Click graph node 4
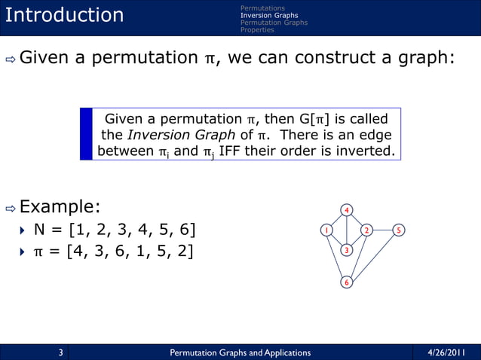point(346,209)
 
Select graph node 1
point(326,230)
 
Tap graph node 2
point(366,230)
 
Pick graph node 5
point(400,230)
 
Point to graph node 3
point(346,250)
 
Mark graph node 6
point(346,282)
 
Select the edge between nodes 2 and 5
point(383,230)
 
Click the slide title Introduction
point(64,15)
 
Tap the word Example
point(60,206)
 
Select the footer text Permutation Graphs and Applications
point(240,352)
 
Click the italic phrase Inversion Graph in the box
point(169,136)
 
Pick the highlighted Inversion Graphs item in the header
point(268,15)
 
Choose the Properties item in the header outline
point(257,30)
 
